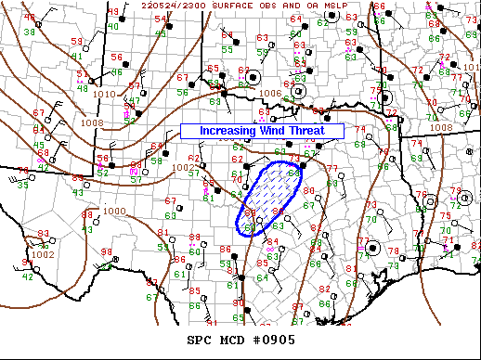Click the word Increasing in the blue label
[226, 132]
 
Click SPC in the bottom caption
[201, 339]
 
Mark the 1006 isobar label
[270, 93]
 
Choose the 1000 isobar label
[115, 211]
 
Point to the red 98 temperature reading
[106, 252]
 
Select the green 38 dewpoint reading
[28, 32]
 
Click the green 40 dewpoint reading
[112, 26]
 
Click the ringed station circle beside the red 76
[430, 199]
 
